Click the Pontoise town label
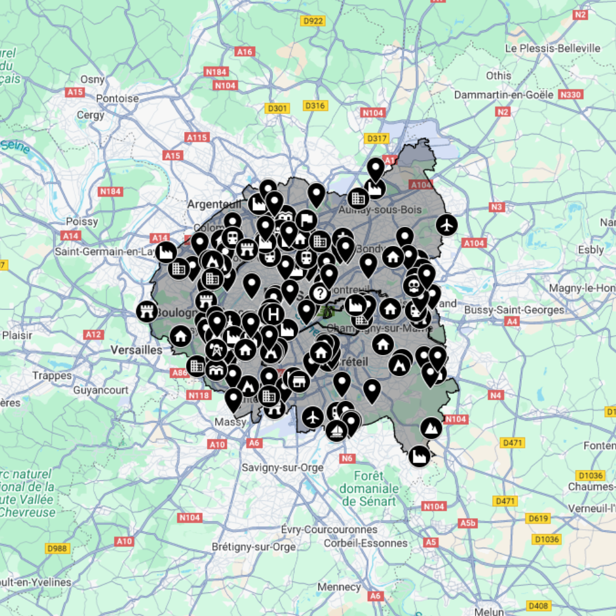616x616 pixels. (x=117, y=98)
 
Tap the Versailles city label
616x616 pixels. (x=136, y=349)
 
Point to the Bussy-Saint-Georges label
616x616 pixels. (x=514, y=310)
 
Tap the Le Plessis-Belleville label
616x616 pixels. (x=553, y=48)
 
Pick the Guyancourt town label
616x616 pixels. (x=101, y=390)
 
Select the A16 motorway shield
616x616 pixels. (x=245, y=52)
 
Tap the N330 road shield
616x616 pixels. (x=570, y=95)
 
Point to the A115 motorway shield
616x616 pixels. (x=197, y=137)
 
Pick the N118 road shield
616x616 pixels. (x=198, y=395)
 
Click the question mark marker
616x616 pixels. (x=319, y=293)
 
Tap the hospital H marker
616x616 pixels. (x=271, y=314)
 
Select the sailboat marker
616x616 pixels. (x=336, y=429)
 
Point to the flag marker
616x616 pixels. (x=306, y=220)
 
